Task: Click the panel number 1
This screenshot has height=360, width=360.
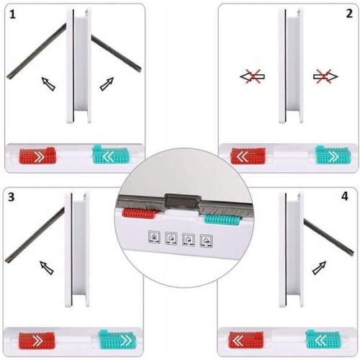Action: coord(12,15)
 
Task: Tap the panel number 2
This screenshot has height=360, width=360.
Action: coord(349,14)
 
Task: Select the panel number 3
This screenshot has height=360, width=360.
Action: coord(11,197)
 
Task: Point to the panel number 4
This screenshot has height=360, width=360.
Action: coord(345,197)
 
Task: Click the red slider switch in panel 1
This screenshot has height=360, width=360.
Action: coord(37,156)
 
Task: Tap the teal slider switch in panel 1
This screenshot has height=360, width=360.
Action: coord(111,154)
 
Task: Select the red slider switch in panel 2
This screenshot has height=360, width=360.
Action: coord(248,156)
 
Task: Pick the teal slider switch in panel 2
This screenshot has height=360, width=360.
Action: coord(333,155)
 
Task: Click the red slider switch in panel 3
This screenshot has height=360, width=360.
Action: coord(37,341)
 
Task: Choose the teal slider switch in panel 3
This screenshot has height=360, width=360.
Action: coord(117,339)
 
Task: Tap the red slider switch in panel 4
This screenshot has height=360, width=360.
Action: coord(246,340)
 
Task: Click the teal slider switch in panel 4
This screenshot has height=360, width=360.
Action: coord(323,339)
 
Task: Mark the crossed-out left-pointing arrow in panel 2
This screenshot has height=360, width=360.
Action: coord(253,77)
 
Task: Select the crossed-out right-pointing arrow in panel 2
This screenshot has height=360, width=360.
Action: coord(325,77)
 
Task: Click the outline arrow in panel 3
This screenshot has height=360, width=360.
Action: coord(47,268)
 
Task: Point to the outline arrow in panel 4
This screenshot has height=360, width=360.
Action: coord(319,268)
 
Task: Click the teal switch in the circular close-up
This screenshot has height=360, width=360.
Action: coord(222,220)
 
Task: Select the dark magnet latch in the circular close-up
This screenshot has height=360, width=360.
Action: coord(183,202)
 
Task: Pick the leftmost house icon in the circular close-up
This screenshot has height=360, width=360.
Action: coord(154,237)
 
